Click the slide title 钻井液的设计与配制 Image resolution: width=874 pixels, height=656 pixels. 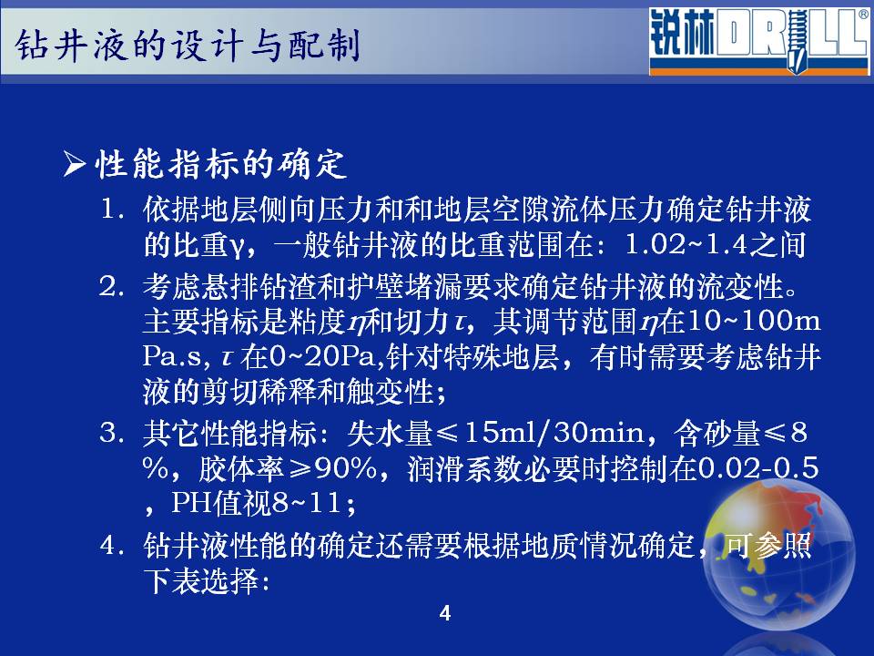pos(188,45)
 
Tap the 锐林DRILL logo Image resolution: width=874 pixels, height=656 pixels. pos(758,41)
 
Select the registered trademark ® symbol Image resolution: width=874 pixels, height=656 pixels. pos(863,14)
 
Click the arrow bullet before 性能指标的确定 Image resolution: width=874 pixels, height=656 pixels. pos(74,165)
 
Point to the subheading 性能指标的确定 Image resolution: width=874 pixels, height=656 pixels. pos(220,165)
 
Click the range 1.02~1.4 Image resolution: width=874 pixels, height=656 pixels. pos(686,244)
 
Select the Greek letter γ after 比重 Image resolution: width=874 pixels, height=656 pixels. pos(237,247)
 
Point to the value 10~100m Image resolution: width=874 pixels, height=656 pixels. pos(754,321)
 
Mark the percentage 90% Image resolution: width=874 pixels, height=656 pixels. pos(346,468)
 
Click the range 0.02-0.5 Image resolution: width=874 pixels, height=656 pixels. pos(758,468)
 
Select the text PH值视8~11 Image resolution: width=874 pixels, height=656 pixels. pos(256,503)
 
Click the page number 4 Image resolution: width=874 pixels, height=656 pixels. pos(445,613)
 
